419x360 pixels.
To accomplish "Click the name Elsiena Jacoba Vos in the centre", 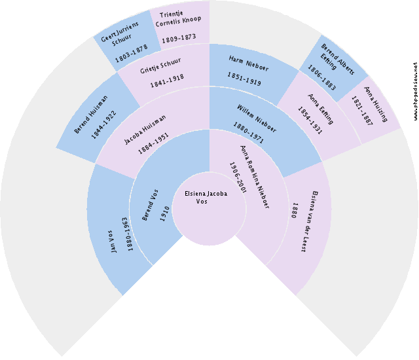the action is point(206,197).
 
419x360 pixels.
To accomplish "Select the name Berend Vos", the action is point(150,205).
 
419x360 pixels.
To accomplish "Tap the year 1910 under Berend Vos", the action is point(165,213).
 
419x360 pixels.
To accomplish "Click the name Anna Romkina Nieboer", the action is point(255,177).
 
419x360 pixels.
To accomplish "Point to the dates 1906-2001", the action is point(238,177).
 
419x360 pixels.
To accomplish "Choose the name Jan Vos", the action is point(114,242).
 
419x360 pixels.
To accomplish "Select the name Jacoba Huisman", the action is point(145,130).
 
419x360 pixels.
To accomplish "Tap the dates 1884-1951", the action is point(153,143).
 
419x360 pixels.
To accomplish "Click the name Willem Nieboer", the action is point(257,118).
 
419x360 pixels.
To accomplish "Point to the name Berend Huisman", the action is point(91,114).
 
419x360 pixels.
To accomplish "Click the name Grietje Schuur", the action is point(160,65).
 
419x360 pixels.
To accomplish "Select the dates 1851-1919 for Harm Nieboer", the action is point(244,79).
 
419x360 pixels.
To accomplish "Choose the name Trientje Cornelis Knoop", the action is point(178,19).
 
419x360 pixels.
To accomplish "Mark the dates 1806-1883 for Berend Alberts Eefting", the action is point(321,77).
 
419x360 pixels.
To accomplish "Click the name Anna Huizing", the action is point(376,104).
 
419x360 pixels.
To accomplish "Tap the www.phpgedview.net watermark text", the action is point(415,91).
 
